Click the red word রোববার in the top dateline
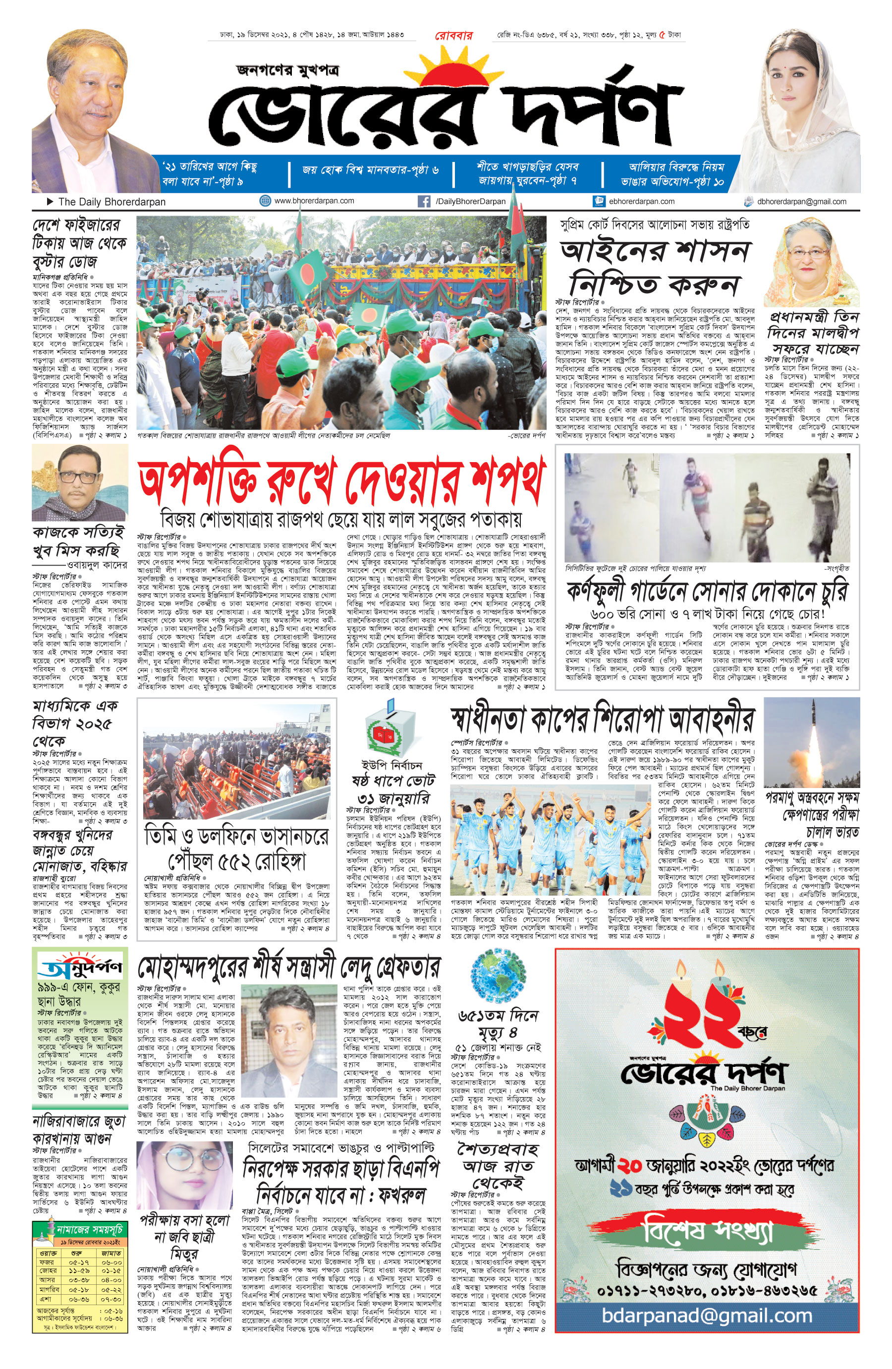coord(453,35)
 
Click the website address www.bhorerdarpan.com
coord(314,201)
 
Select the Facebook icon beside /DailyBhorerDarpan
coord(424,201)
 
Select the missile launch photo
coord(811,741)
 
